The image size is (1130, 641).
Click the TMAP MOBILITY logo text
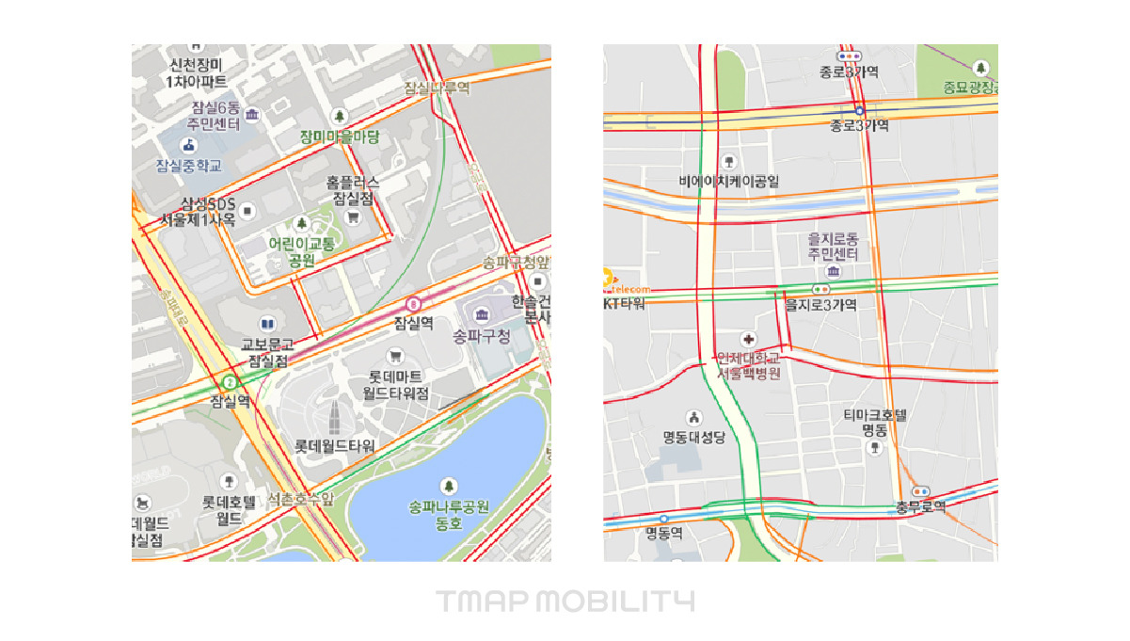[x=565, y=601]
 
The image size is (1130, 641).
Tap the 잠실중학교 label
[x=189, y=166]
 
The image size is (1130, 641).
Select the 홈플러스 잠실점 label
[x=353, y=190]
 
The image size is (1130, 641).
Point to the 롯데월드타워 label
[x=335, y=445]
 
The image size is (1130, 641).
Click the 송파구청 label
[x=481, y=336]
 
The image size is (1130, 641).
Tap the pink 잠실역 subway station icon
[x=413, y=303]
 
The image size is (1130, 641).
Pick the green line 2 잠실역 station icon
[x=229, y=381]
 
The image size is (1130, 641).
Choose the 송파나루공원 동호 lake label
[x=449, y=514]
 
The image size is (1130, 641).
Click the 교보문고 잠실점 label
[x=267, y=352]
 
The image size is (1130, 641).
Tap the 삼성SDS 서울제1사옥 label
[x=197, y=212]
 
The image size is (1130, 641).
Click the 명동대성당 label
[x=695, y=437]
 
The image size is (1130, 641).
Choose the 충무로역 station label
[x=920, y=506]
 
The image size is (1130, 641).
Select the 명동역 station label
[x=663, y=532]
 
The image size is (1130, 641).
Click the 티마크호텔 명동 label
[x=874, y=422]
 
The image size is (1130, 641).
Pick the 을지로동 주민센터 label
[x=833, y=247]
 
